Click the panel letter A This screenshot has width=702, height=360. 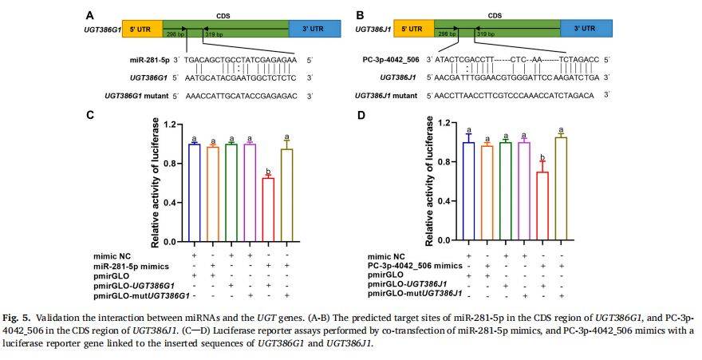(x=89, y=14)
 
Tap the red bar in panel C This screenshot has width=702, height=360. (x=269, y=209)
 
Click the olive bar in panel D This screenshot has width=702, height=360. (x=562, y=189)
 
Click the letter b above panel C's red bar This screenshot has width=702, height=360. (x=269, y=170)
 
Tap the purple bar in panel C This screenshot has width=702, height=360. (x=250, y=192)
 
